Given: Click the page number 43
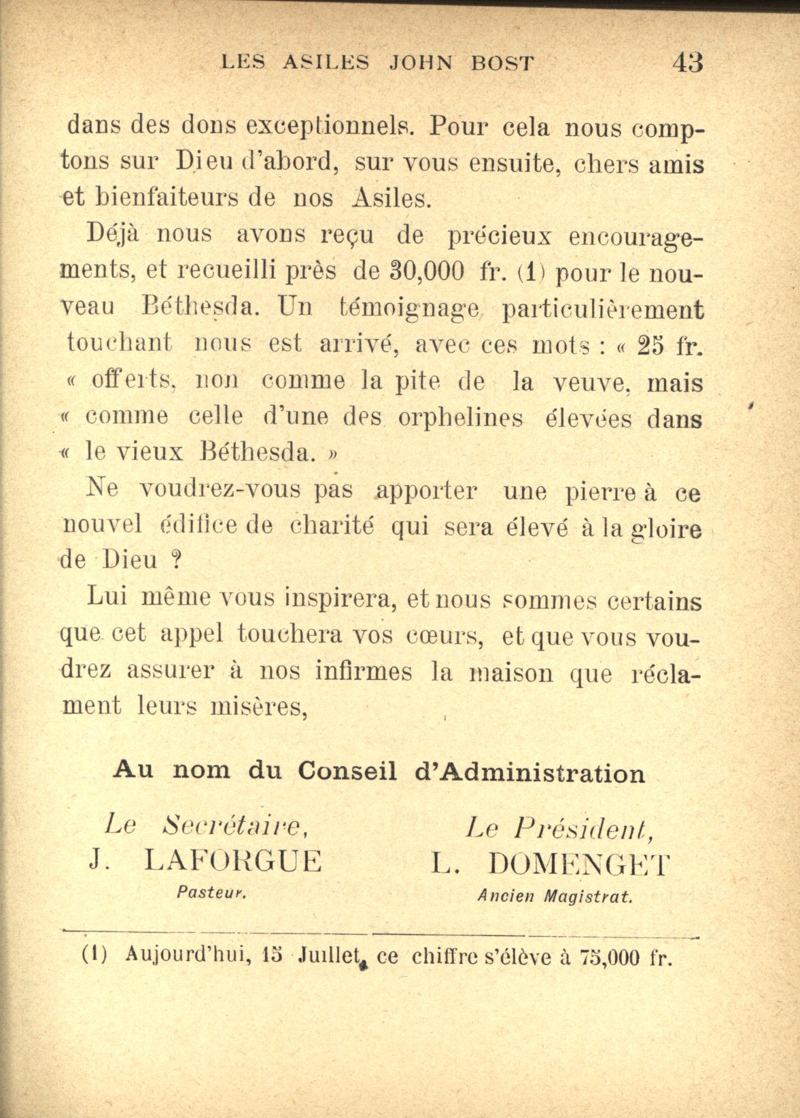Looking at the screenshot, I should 687,62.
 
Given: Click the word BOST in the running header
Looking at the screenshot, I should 502,63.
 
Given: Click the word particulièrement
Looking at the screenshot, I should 602,309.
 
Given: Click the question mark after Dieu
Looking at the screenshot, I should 176,560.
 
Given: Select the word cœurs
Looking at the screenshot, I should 445,636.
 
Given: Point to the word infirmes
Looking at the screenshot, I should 364,672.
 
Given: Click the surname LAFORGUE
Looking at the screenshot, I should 233,861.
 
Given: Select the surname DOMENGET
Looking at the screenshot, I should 578,864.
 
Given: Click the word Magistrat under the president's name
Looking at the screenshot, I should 589,897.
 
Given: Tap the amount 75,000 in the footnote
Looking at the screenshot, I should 610,957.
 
